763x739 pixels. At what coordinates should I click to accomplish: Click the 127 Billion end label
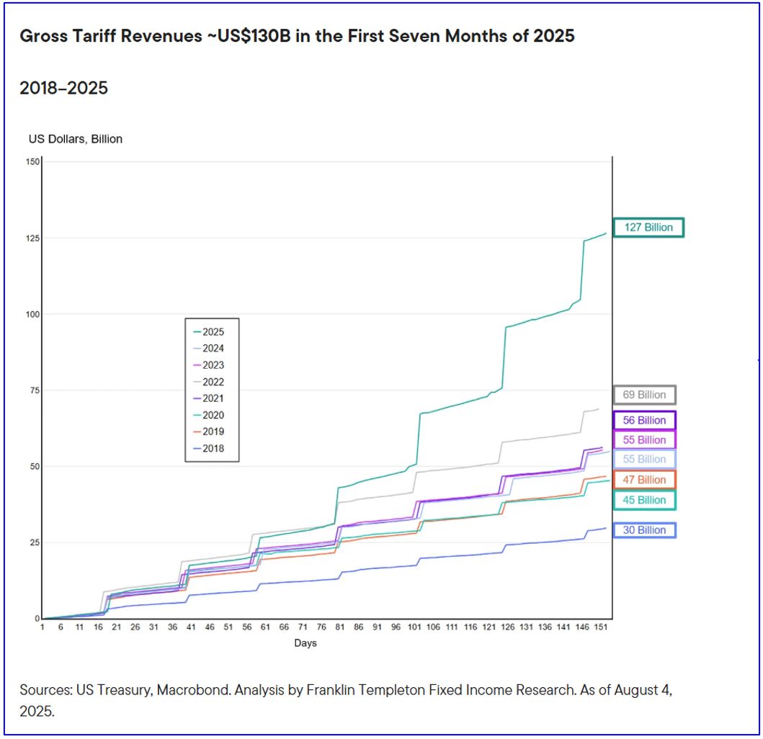tap(648, 228)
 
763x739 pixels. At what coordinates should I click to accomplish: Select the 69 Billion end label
tap(644, 395)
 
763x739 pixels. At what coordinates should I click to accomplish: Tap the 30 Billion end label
tap(644, 530)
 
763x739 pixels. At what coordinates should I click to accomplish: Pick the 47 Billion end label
tap(644, 480)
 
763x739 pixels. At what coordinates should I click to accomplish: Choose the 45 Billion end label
tap(644, 500)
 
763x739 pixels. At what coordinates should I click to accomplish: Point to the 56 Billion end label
tap(644, 420)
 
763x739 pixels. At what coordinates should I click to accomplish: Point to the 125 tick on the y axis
tap(31, 238)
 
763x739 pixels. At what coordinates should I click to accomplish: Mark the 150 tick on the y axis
tap(31, 161)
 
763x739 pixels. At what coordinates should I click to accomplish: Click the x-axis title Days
tap(305, 643)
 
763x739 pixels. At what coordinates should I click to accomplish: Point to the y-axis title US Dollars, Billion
tap(76, 139)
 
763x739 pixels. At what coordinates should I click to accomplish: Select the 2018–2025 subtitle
tap(63, 89)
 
